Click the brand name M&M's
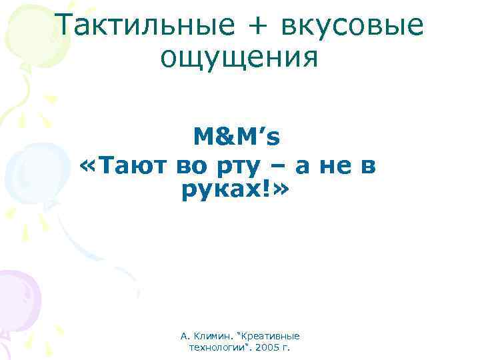coord(237,137)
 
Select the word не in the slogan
coord(337,164)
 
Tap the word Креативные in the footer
coord(273,336)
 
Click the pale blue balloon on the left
coord(27,167)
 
